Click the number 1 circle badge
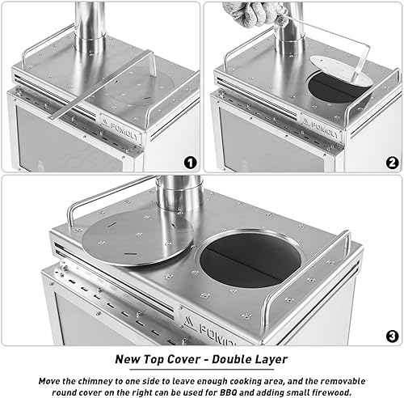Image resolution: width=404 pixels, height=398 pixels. coord(190,162)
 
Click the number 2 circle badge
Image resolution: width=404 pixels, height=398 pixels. coord(392,162)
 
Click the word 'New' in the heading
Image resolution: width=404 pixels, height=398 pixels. coord(130,358)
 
